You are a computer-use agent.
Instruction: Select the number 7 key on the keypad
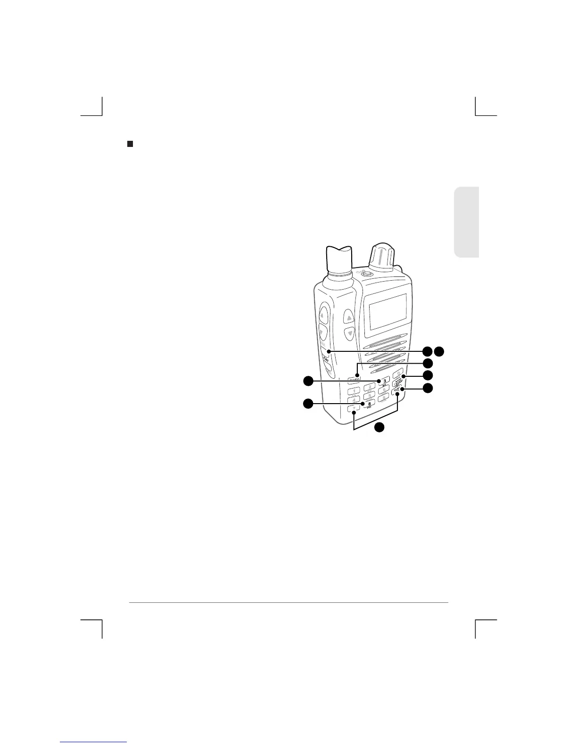(354, 409)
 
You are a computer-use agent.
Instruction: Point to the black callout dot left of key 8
(308, 404)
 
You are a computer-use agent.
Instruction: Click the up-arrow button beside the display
(349, 318)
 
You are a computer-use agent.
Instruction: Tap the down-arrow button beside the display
(349, 334)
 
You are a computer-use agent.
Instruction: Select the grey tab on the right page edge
(467, 222)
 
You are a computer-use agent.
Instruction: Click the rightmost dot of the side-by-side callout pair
(439, 351)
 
